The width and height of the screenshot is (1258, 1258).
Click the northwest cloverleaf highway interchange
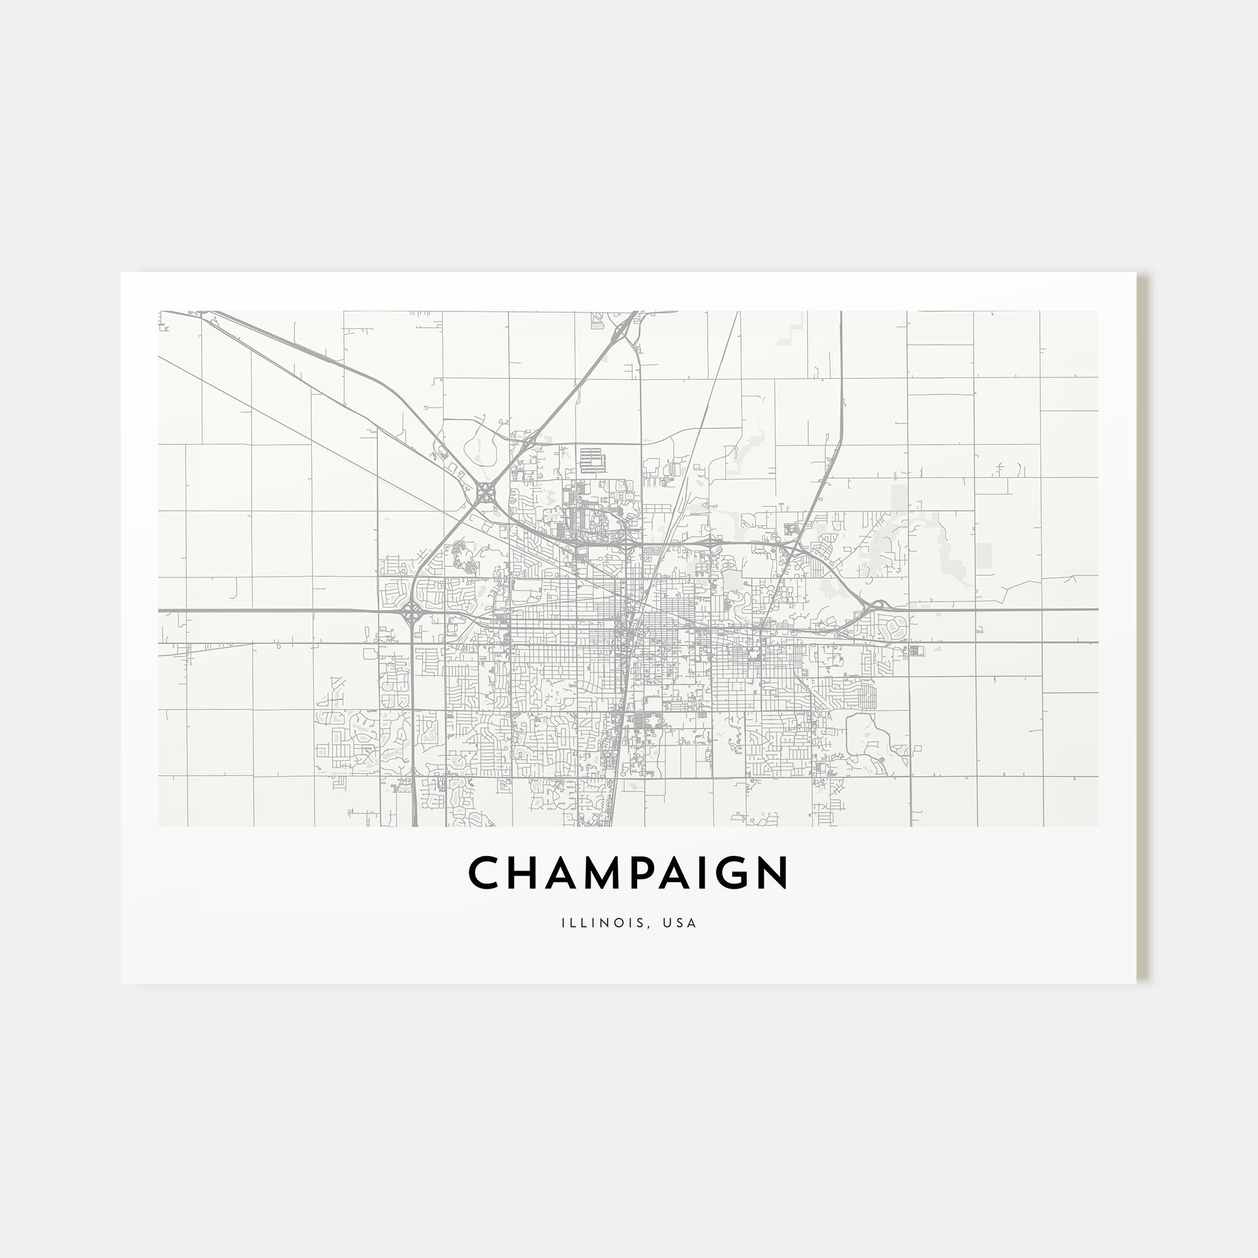point(485,493)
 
